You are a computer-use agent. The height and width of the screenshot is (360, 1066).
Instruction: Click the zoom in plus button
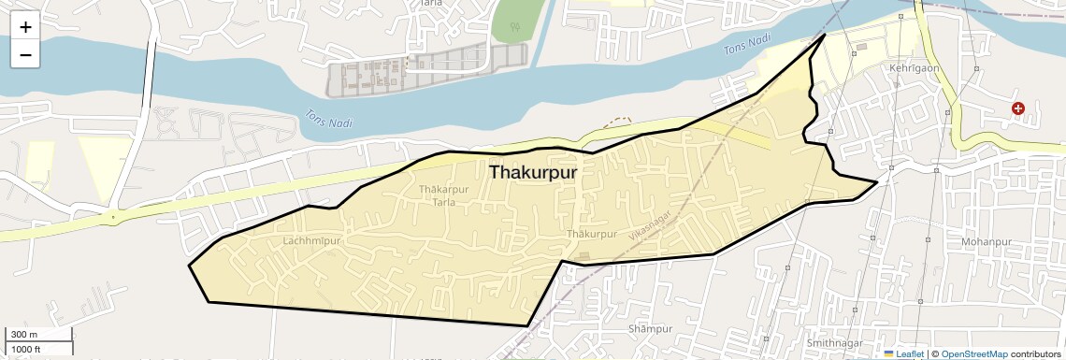point(25,27)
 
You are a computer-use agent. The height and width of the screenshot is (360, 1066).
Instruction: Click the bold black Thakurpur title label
point(533,173)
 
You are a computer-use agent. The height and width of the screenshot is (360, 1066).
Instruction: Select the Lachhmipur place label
point(310,241)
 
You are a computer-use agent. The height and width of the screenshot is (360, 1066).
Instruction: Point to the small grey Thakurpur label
point(592,234)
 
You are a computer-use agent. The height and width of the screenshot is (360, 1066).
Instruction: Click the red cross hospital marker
point(1018,109)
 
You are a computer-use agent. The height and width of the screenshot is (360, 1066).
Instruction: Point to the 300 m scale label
point(24,335)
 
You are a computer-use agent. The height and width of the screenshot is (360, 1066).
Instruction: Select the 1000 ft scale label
point(27,349)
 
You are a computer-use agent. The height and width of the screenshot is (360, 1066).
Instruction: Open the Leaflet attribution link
point(910,354)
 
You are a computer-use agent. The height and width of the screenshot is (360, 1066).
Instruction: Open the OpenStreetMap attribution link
point(973,354)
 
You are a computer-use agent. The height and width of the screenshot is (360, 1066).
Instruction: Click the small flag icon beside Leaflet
point(888,354)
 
